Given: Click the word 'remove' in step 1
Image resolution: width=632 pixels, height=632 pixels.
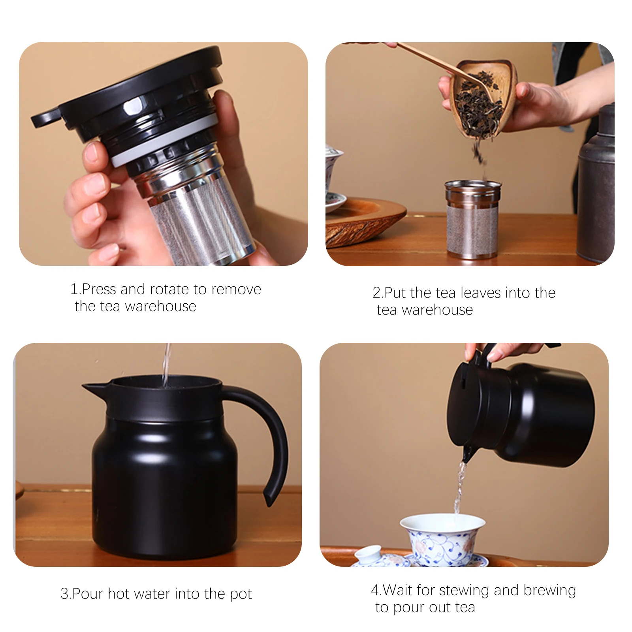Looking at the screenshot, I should coord(236,290).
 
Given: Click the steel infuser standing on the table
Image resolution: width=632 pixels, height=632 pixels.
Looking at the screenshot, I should coord(472,221).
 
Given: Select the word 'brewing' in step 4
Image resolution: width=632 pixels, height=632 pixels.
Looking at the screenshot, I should coord(549,591).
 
